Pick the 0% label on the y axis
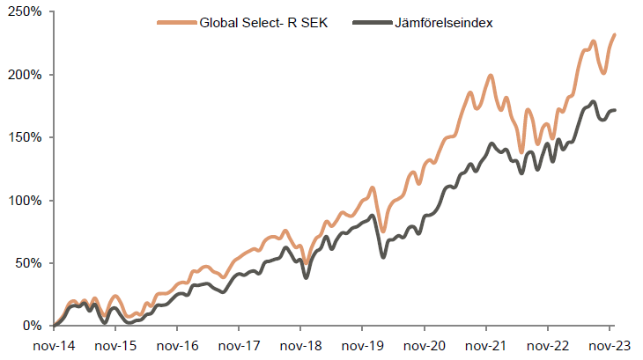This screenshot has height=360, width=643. (x=33, y=326)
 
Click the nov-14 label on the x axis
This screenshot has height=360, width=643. (x=55, y=345)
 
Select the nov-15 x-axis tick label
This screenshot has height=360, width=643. (x=116, y=345)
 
